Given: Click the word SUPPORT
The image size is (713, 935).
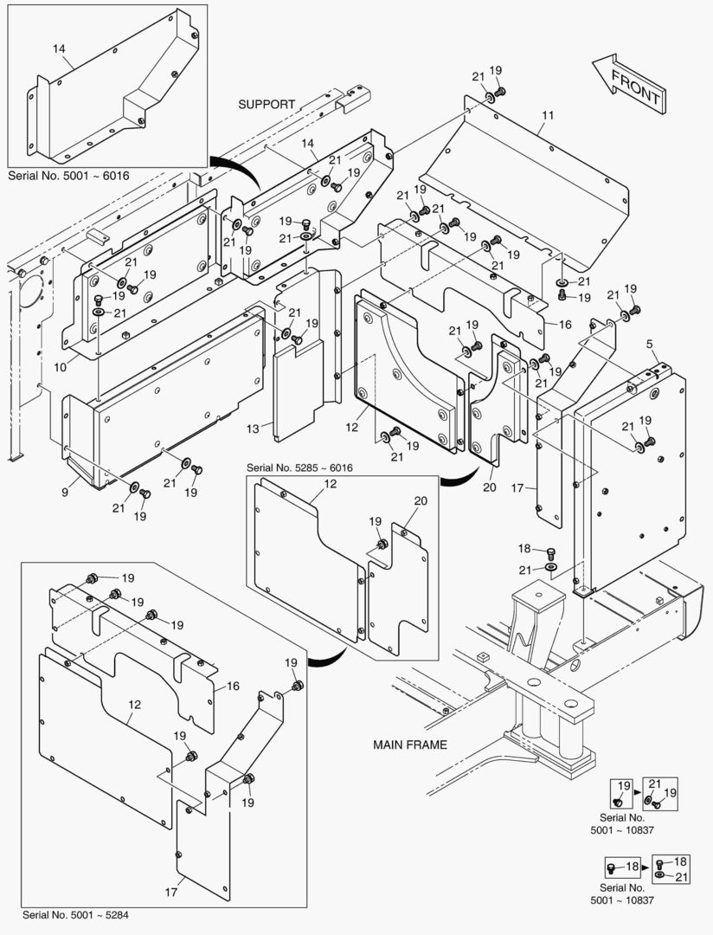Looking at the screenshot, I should [267, 104].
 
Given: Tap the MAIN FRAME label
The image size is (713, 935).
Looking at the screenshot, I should [410, 745].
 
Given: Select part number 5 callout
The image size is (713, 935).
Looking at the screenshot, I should [649, 345].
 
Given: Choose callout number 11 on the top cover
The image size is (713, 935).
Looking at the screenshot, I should [548, 115].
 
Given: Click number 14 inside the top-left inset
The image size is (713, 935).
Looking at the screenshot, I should [59, 49].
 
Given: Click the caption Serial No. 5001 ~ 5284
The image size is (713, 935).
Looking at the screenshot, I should [79, 914].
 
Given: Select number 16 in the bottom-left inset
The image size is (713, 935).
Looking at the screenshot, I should [232, 687].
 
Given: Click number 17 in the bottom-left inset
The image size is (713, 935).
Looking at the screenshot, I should [170, 890].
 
